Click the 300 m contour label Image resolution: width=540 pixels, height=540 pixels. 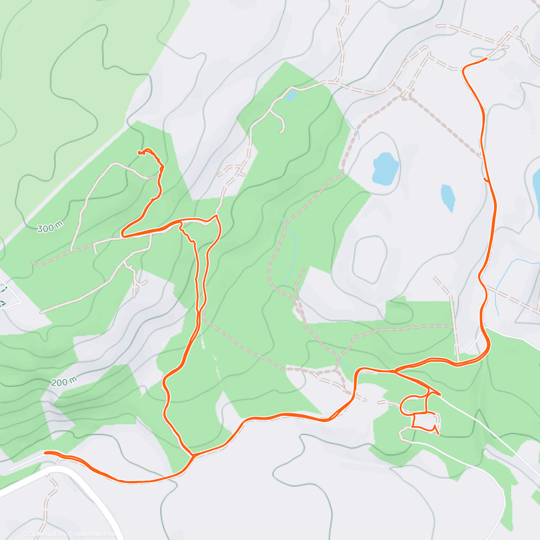point(49,228)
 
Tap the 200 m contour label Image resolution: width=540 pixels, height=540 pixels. point(63,382)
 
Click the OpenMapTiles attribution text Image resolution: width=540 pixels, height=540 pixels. point(44,534)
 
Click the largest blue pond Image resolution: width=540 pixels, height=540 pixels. point(386,169)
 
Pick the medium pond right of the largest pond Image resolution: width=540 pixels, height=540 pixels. point(448,198)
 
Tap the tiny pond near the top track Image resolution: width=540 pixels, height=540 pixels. point(291,96)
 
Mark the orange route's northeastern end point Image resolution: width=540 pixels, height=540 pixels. point(486,58)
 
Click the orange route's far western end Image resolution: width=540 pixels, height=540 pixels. point(45,452)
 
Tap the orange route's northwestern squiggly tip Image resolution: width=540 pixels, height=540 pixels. point(140,153)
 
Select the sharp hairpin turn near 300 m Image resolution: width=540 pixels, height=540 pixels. point(122,235)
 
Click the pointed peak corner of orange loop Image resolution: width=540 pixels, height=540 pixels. point(216,216)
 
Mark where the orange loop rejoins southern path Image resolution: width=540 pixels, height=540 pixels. point(192,455)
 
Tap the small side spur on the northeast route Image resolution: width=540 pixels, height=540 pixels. point(486,180)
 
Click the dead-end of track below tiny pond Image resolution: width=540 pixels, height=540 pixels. point(281,132)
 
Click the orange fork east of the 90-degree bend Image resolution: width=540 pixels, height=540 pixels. point(395,371)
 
